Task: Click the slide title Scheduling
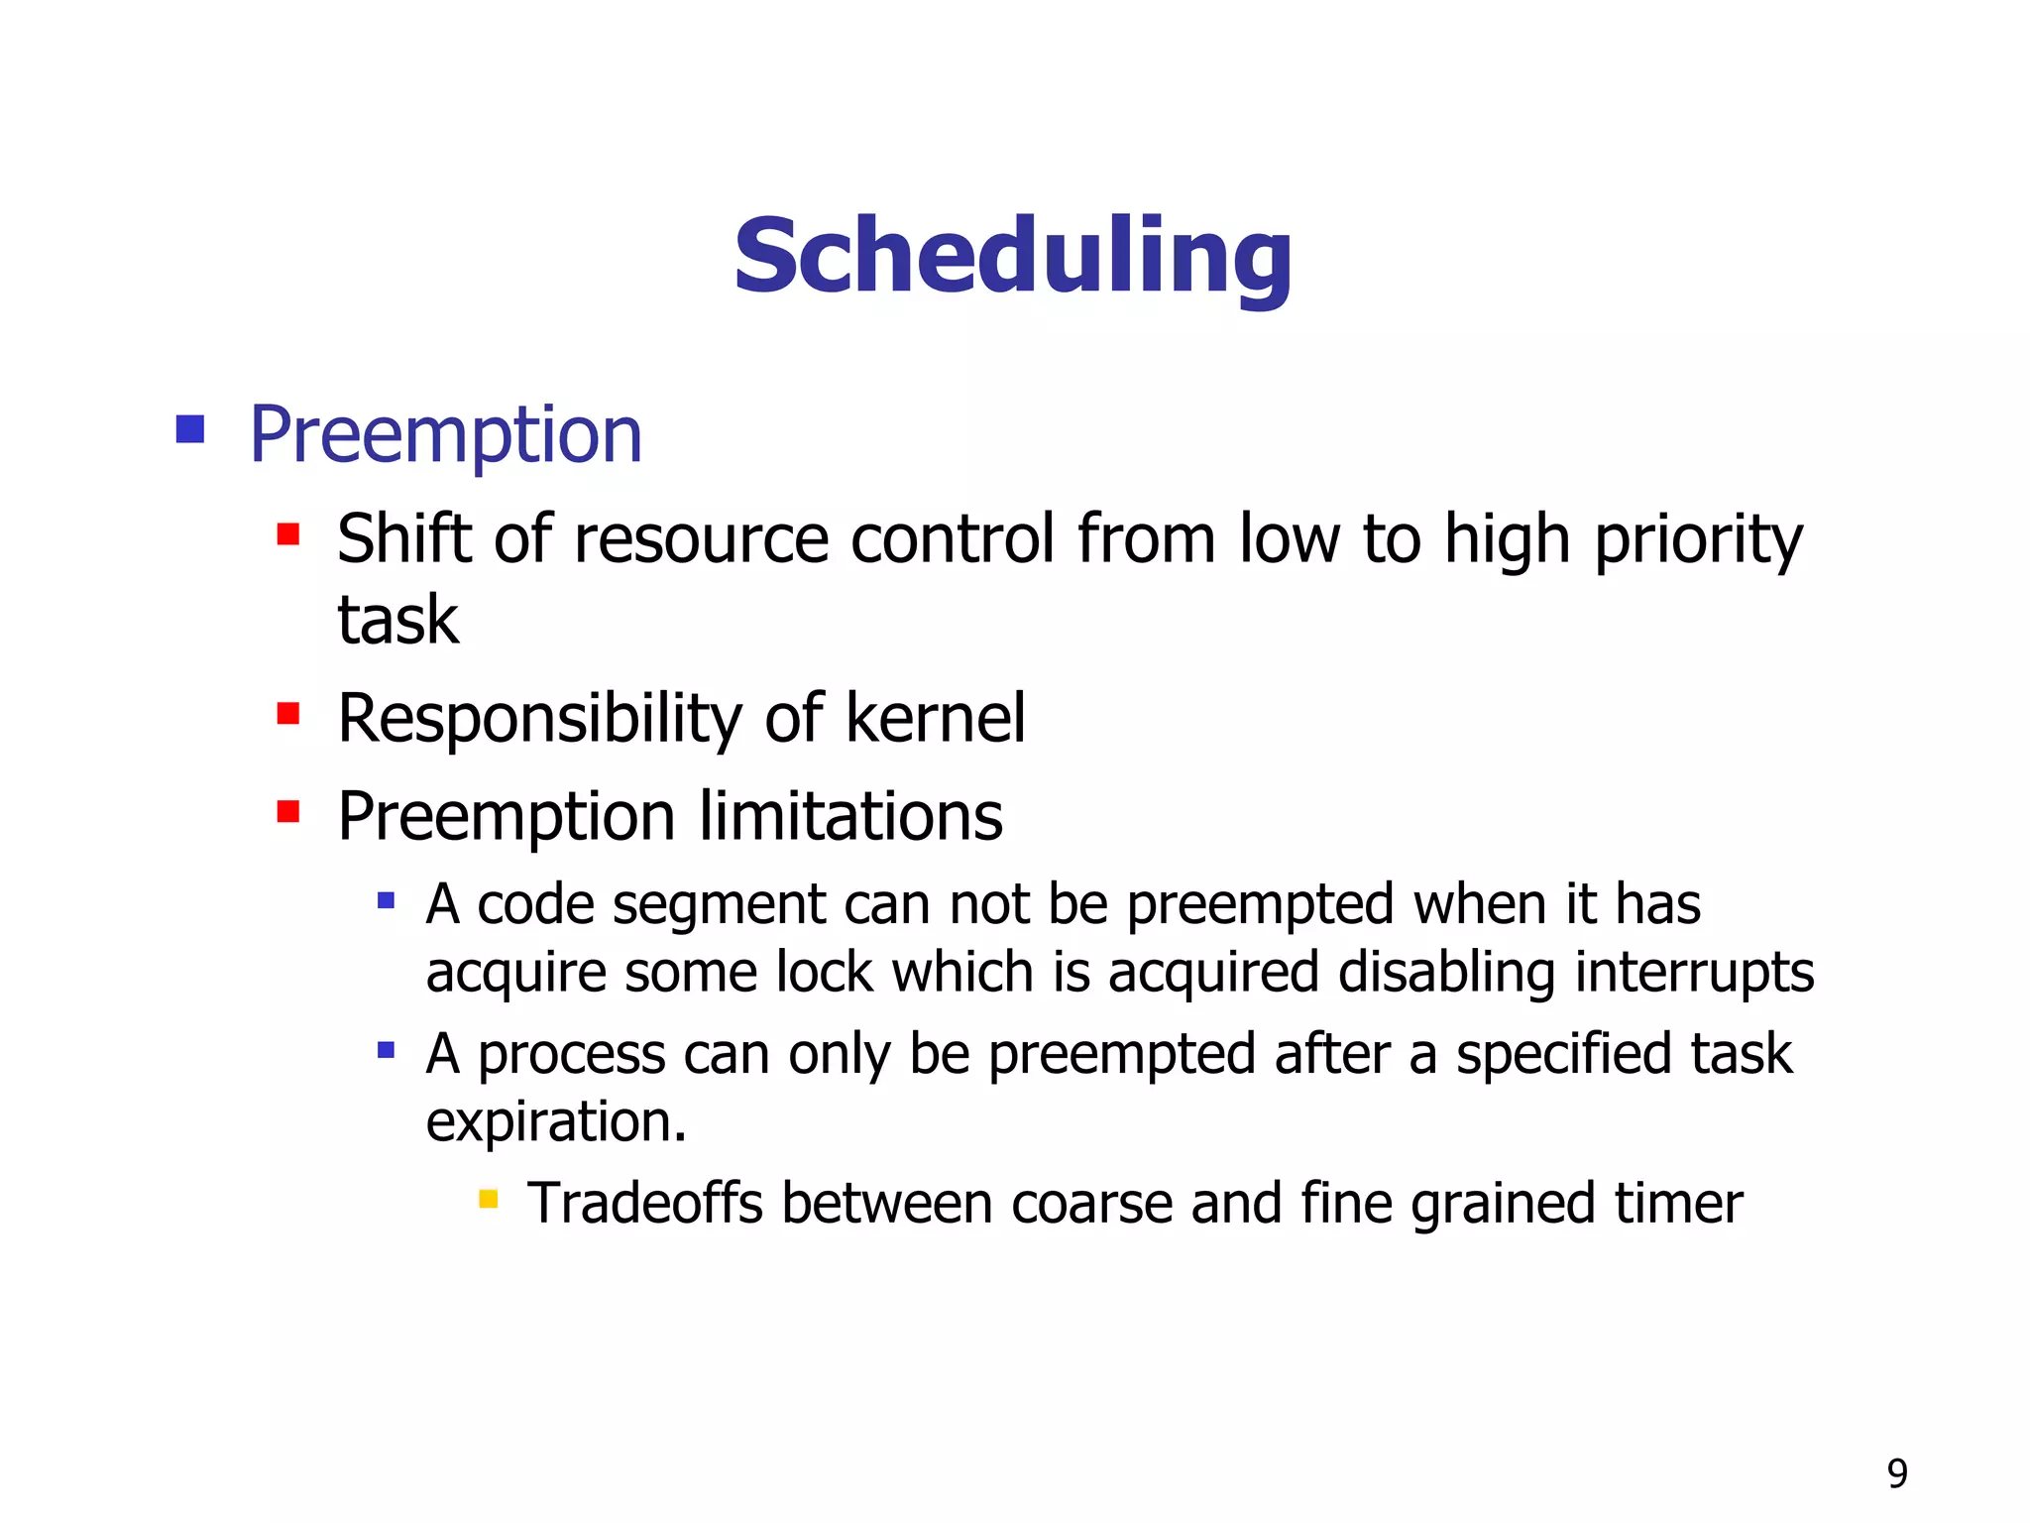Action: point(1013,257)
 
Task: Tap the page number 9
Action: point(1897,1473)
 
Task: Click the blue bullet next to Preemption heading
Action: point(189,429)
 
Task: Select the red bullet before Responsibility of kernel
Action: point(288,714)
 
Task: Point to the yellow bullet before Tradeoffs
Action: point(488,1200)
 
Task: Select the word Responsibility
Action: point(539,719)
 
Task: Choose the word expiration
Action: point(556,1121)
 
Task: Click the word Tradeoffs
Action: point(644,1203)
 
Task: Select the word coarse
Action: point(1090,1203)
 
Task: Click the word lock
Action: point(824,972)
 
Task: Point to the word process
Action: point(572,1054)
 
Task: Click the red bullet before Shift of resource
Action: point(288,535)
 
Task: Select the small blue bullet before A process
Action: point(387,1049)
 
